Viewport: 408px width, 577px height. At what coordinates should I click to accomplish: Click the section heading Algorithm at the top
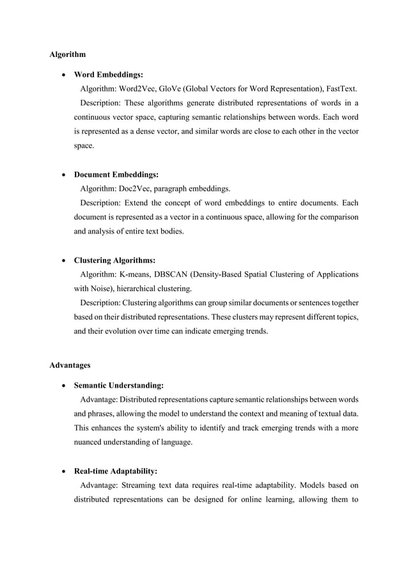(x=68, y=54)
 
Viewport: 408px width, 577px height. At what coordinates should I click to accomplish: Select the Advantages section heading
(x=70, y=365)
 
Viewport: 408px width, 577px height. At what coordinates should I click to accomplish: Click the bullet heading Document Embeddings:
(x=116, y=174)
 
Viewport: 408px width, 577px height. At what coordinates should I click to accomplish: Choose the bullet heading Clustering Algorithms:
(x=115, y=260)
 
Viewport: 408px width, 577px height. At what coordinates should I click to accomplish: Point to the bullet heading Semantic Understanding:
(x=119, y=386)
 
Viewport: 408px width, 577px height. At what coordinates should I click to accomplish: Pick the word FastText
(x=340, y=89)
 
